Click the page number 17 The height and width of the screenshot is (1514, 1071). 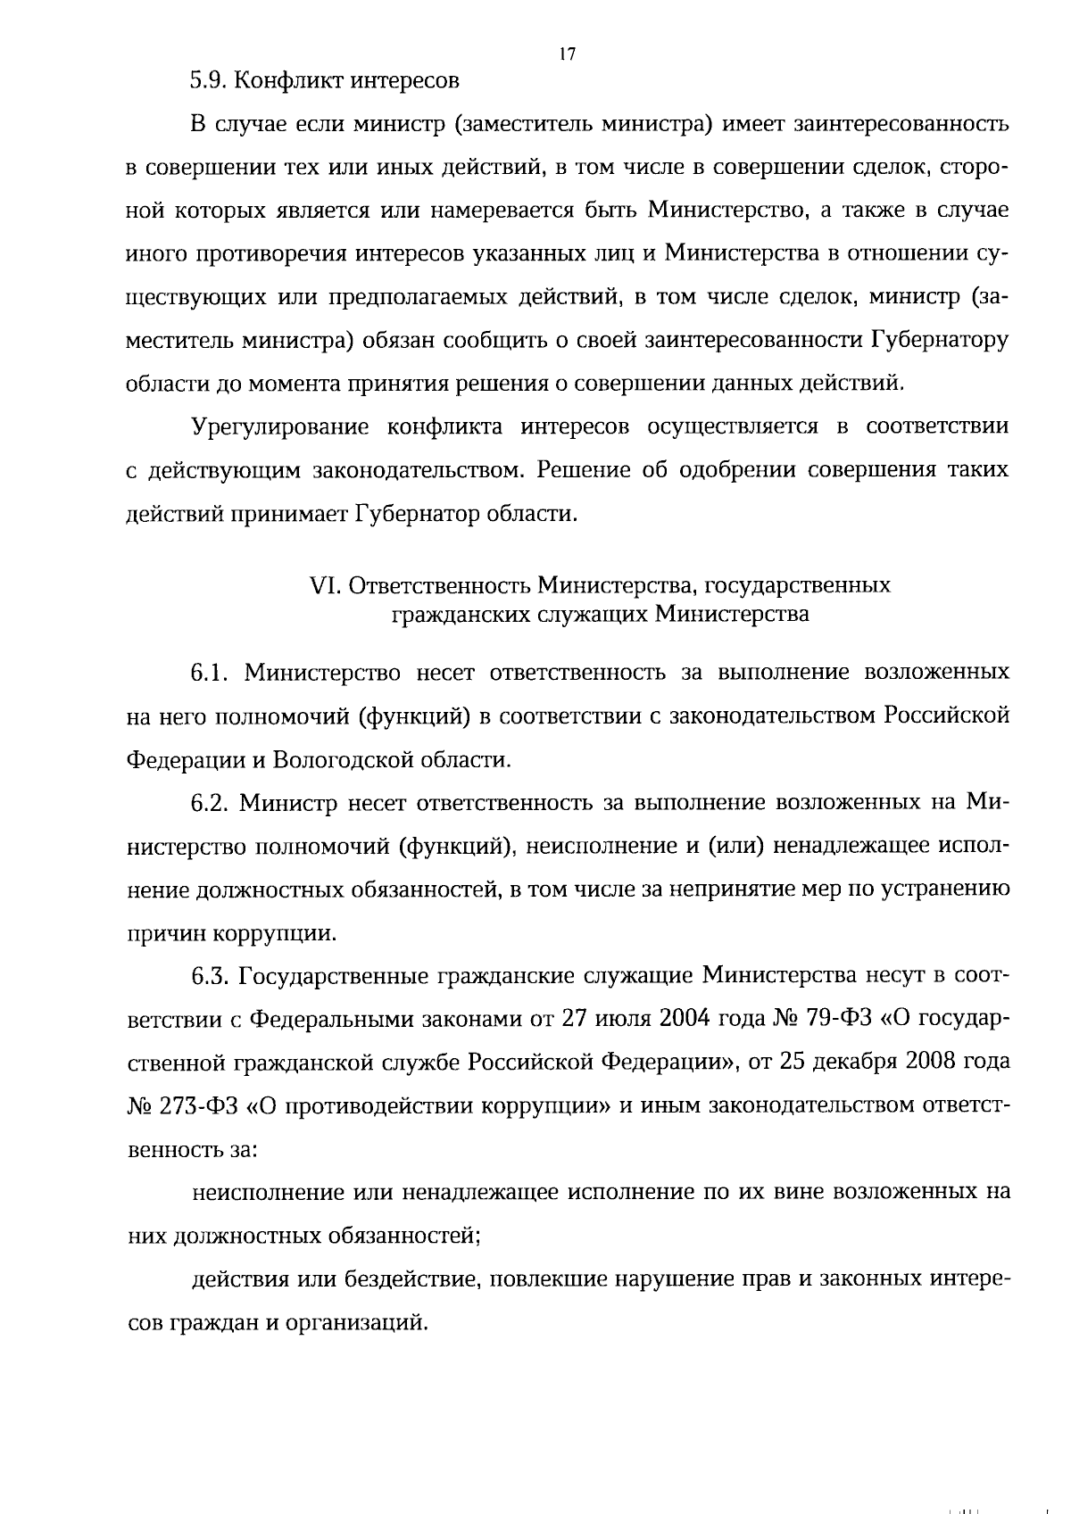[x=567, y=54]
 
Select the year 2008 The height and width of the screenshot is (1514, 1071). [x=936, y=1063]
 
